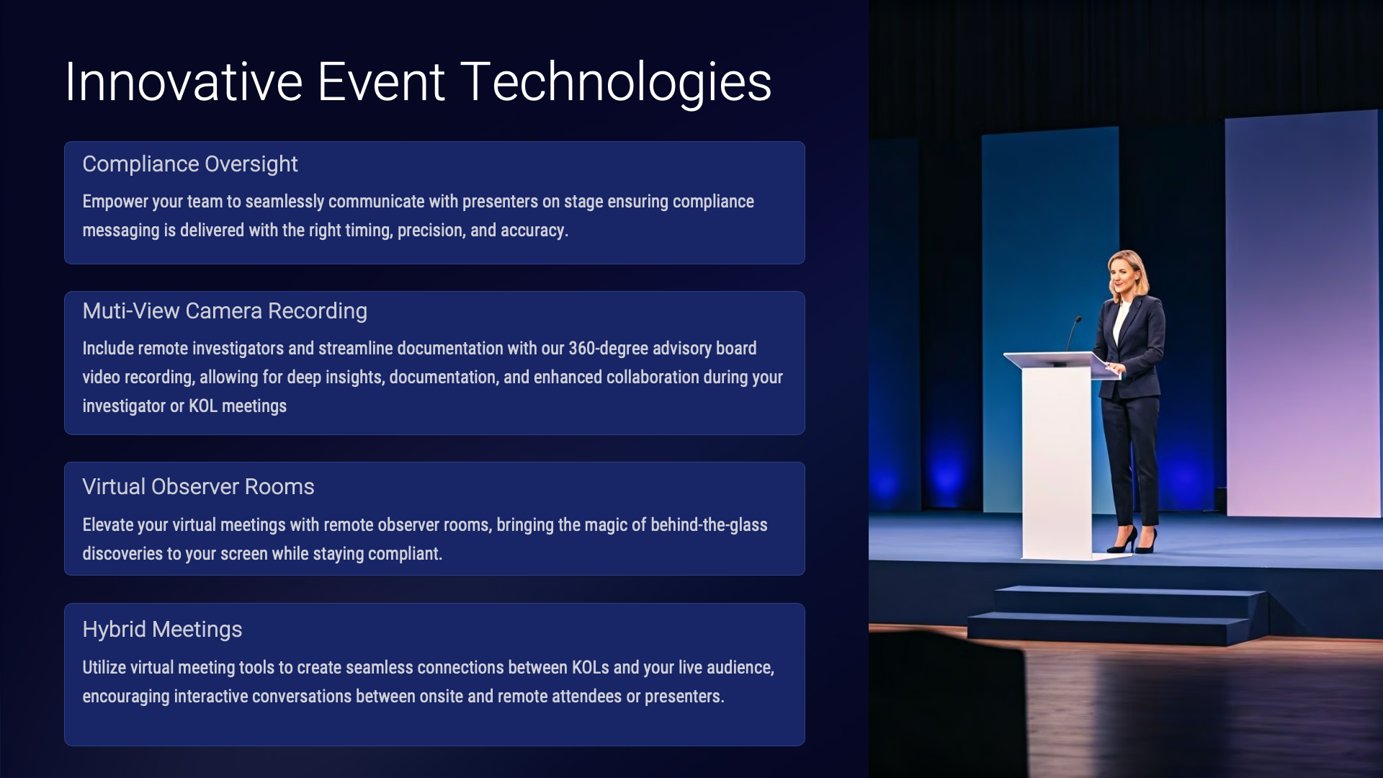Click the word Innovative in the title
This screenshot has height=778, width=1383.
(184, 81)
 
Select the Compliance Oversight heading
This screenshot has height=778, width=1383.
(190, 164)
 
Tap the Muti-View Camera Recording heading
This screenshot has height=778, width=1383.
(225, 310)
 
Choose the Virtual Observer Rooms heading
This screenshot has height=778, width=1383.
(198, 486)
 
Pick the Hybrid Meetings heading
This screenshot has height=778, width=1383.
(162, 630)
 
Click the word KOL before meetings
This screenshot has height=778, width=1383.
(203, 406)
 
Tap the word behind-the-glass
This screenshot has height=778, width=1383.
(709, 524)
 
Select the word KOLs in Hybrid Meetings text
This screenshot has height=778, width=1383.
(591, 668)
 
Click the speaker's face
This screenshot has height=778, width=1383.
(1124, 274)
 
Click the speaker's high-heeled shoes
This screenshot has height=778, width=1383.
(1133, 540)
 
